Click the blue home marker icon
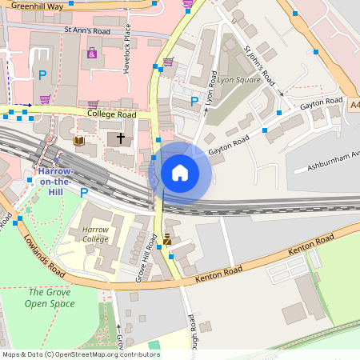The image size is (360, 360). pos(180,172)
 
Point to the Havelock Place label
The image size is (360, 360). pos(127,48)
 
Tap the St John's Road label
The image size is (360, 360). pos(259,66)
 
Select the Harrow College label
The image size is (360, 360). pos(95,234)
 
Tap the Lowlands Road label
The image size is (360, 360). pos(45,258)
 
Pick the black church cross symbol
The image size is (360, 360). pos(121,139)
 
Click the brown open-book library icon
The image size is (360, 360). pos(78,142)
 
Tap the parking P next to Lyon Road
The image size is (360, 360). pos(194,101)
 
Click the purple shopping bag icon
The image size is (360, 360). pos(92,54)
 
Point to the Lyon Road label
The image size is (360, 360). pos(212,90)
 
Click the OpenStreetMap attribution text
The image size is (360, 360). pos(80,354)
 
